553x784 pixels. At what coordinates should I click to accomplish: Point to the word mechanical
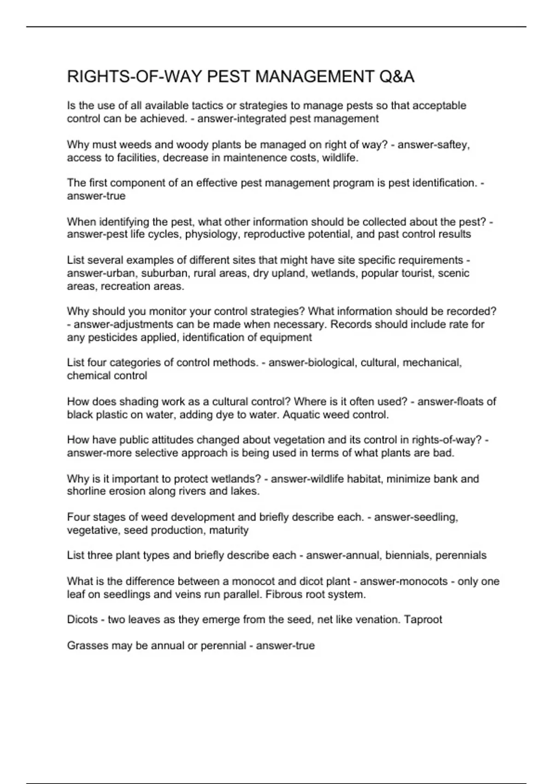pyautogui.click(x=432, y=362)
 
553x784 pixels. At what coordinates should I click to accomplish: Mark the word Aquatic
pyautogui.click(x=300, y=415)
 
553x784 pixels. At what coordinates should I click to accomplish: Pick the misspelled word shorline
pyautogui.click(x=86, y=491)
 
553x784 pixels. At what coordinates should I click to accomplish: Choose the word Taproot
pyautogui.click(x=423, y=619)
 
